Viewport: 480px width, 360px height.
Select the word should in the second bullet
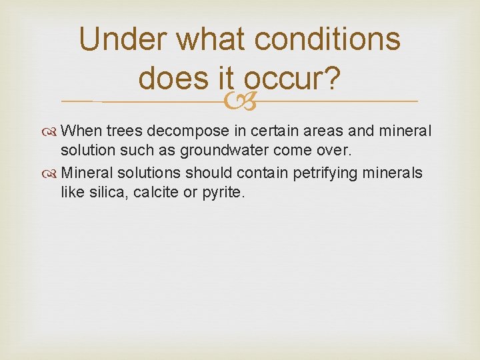pos(206,173)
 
